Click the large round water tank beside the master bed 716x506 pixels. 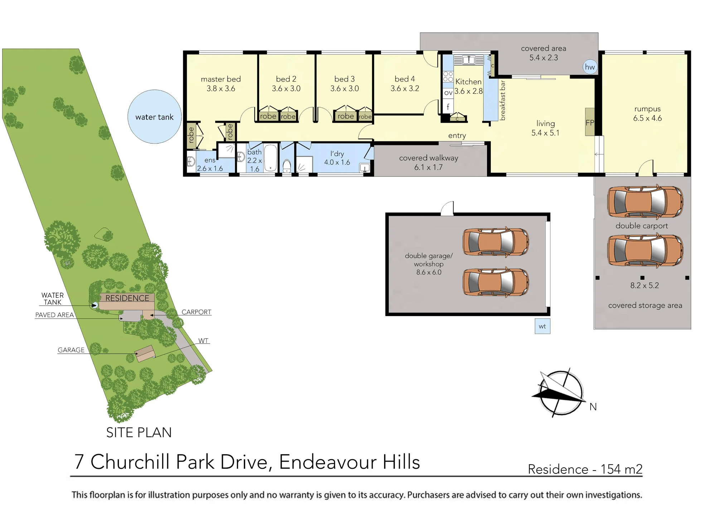click(155, 117)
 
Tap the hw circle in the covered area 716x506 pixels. click(590, 67)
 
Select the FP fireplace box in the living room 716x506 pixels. click(590, 122)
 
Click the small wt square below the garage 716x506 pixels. click(542, 326)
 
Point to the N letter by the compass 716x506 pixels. click(593, 407)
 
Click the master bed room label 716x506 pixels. click(221, 79)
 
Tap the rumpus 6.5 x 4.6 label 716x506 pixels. click(647, 113)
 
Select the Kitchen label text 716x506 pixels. click(468, 82)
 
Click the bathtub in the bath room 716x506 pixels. click(271, 158)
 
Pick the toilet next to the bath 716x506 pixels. click(287, 166)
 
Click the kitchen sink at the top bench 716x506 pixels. click(469, 60)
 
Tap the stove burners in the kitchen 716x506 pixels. click(448, 77)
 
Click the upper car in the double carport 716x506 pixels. click(645, 202)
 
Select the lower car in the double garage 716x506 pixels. click(496, 282)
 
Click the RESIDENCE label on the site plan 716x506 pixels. click(127, 298)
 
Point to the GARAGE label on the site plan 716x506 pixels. click(71, 350)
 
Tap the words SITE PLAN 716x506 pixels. click(139, 433)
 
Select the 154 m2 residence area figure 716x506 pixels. click(621, 469)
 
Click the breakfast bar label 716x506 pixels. click(503, 100)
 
